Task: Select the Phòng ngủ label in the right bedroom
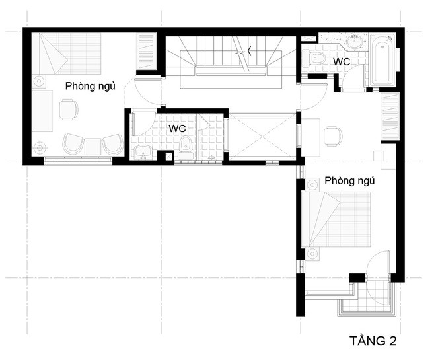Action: pyautogui.click(x=349, y=180)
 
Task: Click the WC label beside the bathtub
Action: pyautogui.click(x=341, y=61)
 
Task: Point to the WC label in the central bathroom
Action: pyautogui.click(x=177, y=127)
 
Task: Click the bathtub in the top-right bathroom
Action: pyautogui.click(x=382, y=61)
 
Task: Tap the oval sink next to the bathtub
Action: pyautogui.click(x=355, y=42)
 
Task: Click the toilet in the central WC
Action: pyautogui.click(x=186, y=145)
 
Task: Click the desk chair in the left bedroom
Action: pyautogui.click(x=67, y=108)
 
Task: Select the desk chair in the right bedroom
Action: pyautogui.click(x=333, y=135)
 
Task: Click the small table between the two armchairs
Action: pyautogui.click(x=93, y=145)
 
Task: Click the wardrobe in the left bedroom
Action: pyautogui.click(x=145, y=51)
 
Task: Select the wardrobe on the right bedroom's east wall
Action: pyautogui.click(x=390, y=116)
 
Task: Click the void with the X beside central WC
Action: pyautogui.click(x=262, y=137)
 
